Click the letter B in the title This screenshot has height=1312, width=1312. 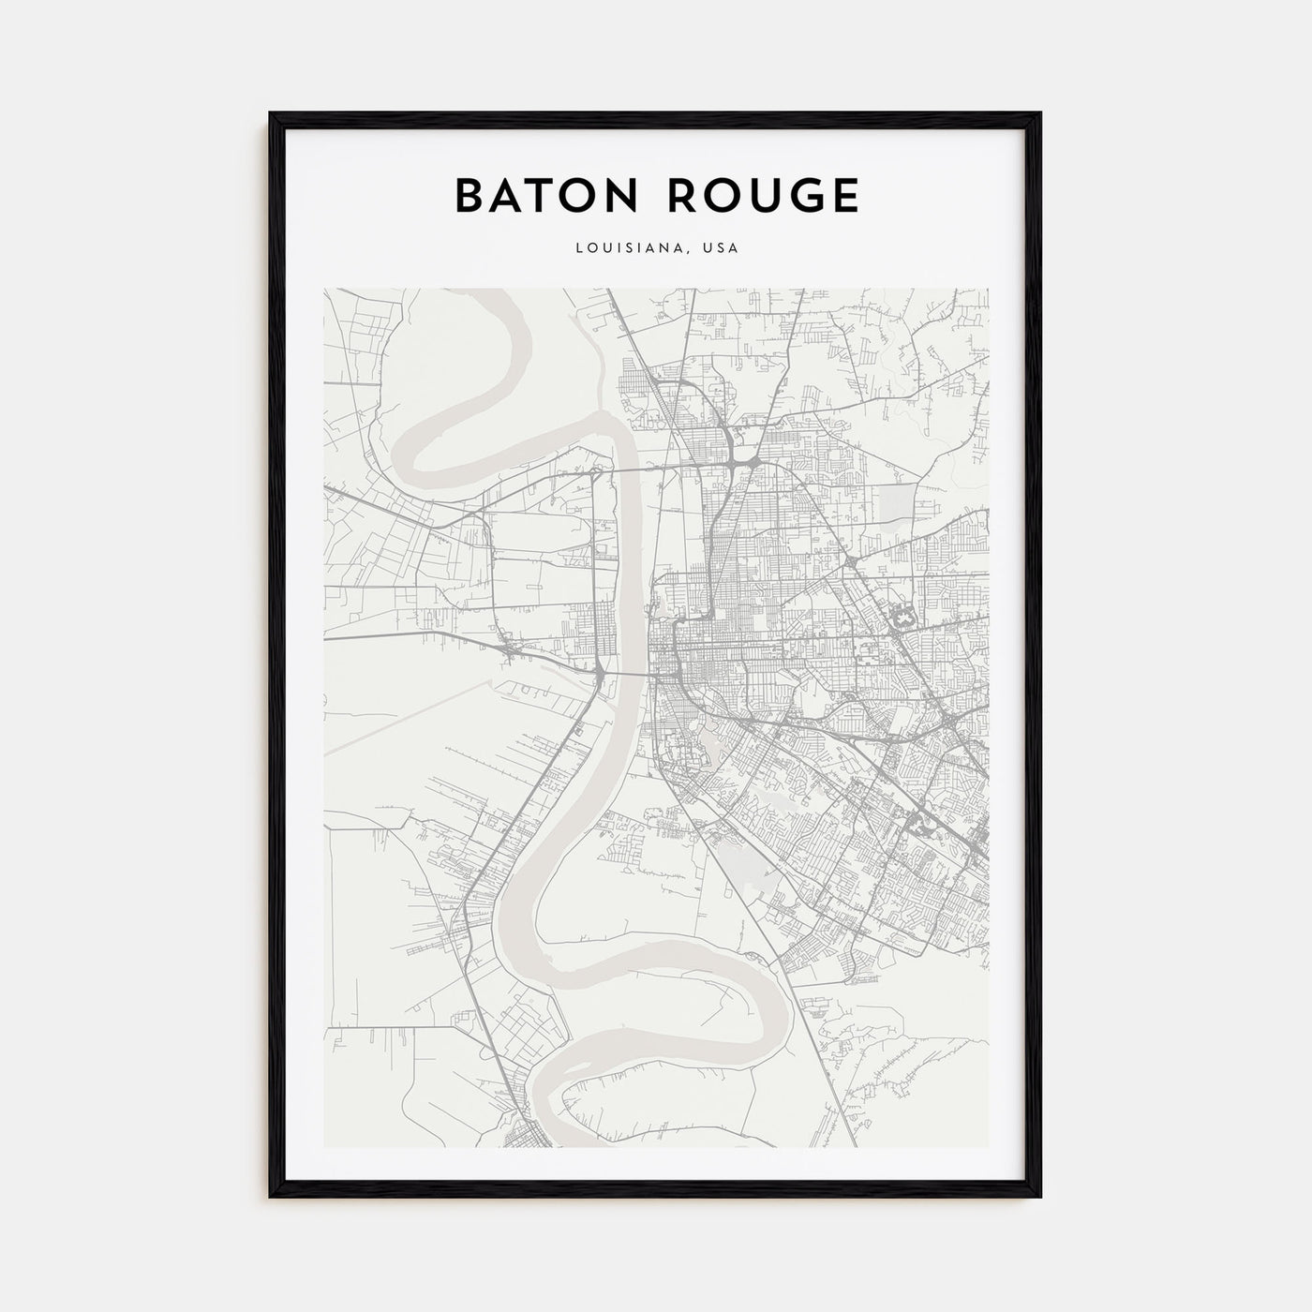pyautogui.click(x=469, y=195)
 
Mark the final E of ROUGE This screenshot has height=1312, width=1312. pyautogui.click(x=842, y=195)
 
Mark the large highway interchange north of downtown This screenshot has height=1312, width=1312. pyautogui.click(x=740, y=463)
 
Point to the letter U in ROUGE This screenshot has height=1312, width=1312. pyautogui.click(x=753, y=195)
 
